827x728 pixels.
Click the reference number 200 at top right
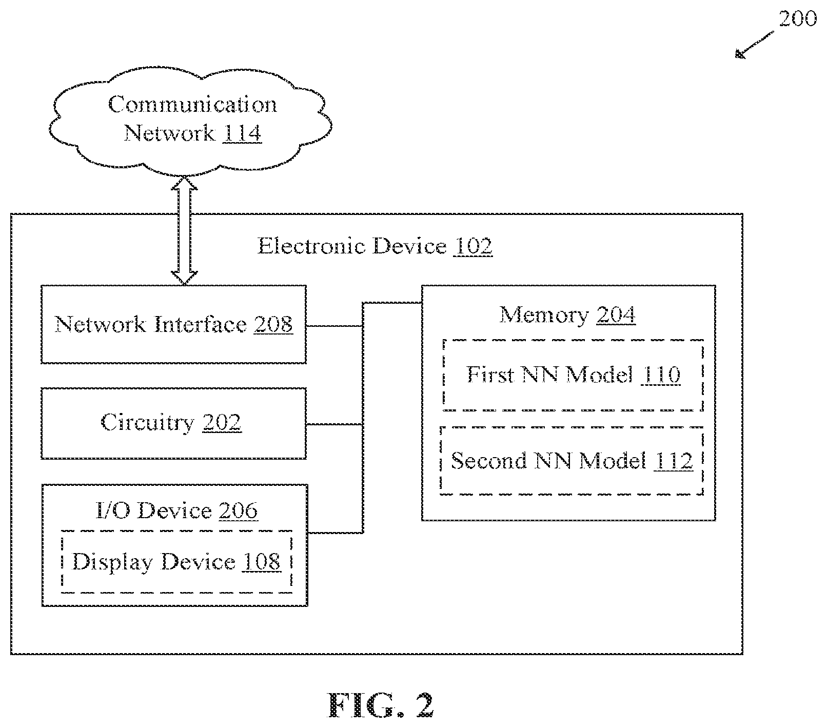tap(797, 19)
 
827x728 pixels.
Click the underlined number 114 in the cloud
tap(242, 133)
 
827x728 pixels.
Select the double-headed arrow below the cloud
tap(184, 230)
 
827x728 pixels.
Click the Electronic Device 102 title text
tap(375, 246)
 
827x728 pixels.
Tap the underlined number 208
tap(273, 324)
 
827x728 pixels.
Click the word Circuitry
tap(148, 423)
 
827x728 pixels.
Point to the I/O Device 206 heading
tap(176, 510)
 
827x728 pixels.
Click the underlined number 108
tap(261, 562)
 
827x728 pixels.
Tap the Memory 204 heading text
tap(567, 314)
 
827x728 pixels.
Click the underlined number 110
tap(661, 375)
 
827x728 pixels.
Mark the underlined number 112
tap(674, 461)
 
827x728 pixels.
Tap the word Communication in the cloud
tap(192, 105)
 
